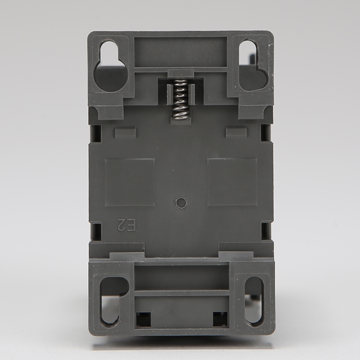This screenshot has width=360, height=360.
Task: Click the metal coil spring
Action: [181, 99]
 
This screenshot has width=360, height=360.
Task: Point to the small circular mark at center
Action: [181, 203]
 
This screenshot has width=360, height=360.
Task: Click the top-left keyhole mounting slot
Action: [111, 66]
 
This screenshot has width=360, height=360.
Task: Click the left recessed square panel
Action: [130, 182]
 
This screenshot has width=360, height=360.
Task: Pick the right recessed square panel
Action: [232, 182]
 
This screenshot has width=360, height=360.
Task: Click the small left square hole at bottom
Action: [143, 319]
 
